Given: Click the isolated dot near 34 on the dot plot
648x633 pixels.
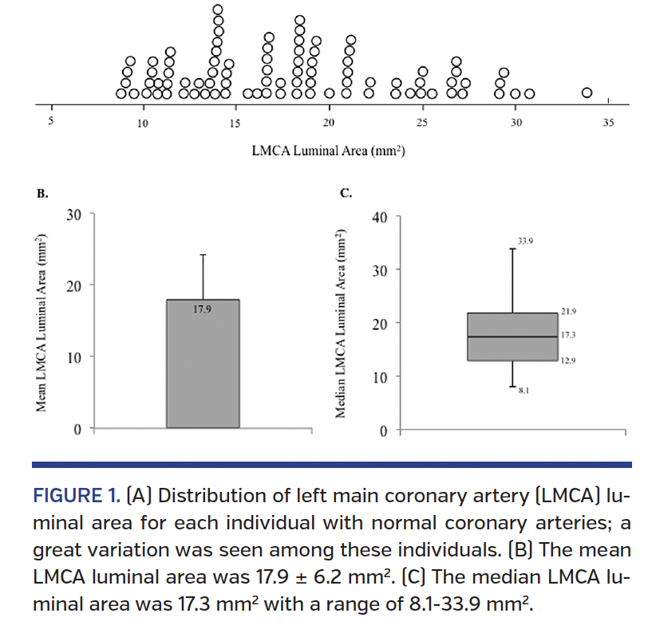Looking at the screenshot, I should [587, 93].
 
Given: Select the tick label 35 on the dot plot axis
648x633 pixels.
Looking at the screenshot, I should [609, 123].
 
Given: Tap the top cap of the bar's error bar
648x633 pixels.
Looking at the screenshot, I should [203, 254].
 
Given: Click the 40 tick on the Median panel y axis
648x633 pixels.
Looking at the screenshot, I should [381, 217].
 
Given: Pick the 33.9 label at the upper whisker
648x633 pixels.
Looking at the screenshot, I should [526, 239].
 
